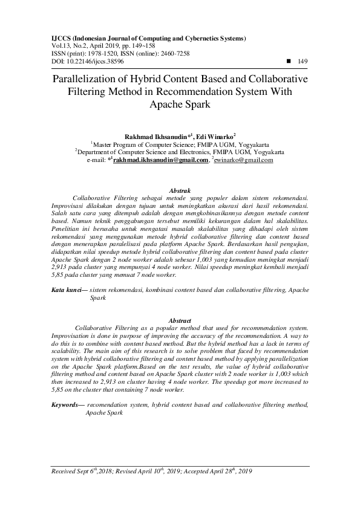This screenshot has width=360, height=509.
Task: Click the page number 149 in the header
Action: click(x=304, y=61)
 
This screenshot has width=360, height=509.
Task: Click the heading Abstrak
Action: click(x=180, y=190)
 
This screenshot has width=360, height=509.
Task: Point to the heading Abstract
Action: click(x=180, y=320)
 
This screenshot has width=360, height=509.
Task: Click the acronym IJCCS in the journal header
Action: click(x=61, y=37)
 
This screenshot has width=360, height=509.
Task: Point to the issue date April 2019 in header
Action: click(x=104, y=45)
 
